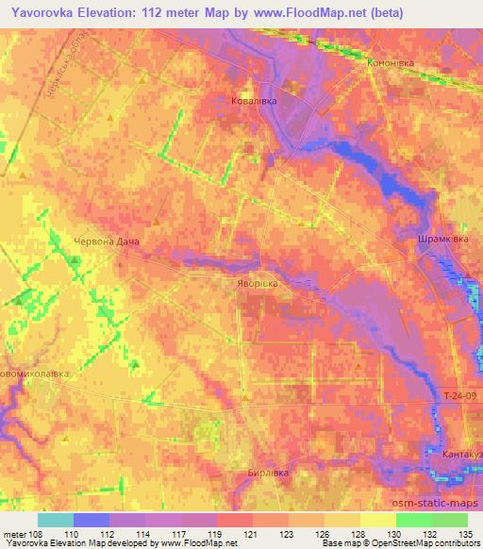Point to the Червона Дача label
107,241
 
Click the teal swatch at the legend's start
56,520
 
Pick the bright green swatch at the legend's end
449,520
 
